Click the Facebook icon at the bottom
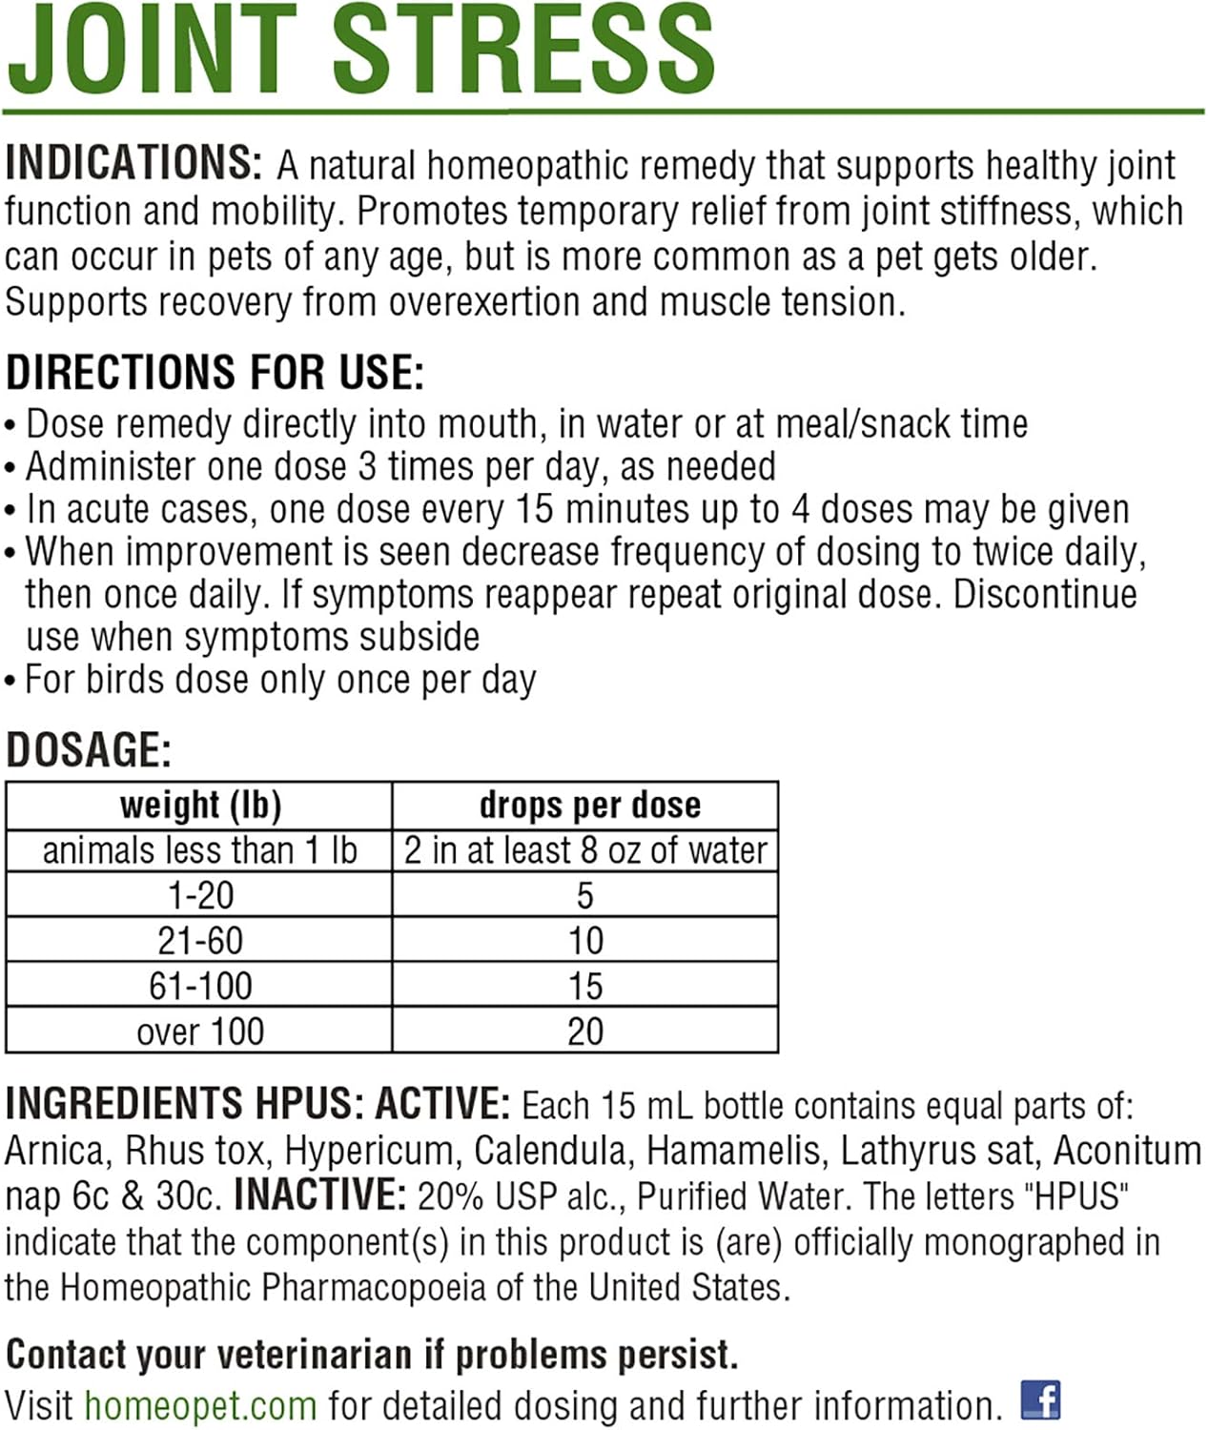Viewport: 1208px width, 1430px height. tap(1040, 1399)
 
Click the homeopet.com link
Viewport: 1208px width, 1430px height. tap(200, 1405)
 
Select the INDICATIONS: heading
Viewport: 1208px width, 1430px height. tap(133, 163)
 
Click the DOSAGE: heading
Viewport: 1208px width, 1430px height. tap(89, 750)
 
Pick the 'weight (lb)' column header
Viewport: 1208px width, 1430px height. tap(200, 806)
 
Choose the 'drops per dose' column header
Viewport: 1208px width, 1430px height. tap(589, 806)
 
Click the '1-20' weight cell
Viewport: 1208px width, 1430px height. tap(200, 895)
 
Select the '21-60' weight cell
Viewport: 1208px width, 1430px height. tap(200, 941)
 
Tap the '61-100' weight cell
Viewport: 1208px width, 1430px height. tap(200, 986)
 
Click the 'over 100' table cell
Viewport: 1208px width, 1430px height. tap(200, 1032)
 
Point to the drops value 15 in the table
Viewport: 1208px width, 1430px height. tap(585, 986)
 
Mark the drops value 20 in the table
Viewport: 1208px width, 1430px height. tap(585, 1032)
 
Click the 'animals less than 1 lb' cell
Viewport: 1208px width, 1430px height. tap(200, 850)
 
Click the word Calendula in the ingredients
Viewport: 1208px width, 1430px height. tap(552, 1151)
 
